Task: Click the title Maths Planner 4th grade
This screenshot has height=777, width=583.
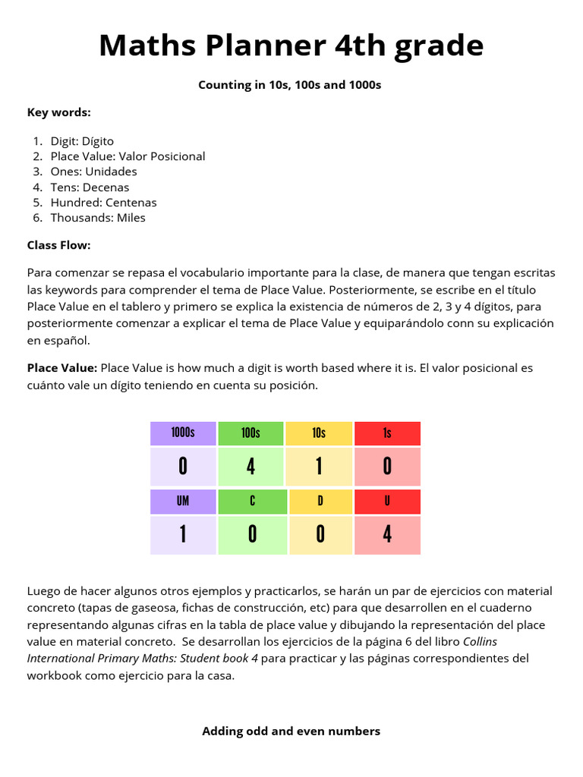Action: [x=291, y=46]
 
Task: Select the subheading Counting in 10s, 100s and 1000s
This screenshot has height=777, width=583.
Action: [x=289, y=85]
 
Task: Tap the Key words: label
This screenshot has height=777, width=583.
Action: [x=58, y=112]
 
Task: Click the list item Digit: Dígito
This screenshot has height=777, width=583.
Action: [x=82, y=141]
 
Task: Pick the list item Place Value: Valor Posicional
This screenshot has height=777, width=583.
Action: [x=128, y=156]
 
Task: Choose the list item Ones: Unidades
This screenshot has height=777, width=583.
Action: [x=93, y=171]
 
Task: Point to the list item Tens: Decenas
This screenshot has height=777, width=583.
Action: [x=90, y=187]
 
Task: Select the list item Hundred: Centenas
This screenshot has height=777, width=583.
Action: [x=103, y=203]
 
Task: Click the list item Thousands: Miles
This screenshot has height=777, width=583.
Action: [x=98, y=218]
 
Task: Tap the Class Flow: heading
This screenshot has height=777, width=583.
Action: [x=58, y=245]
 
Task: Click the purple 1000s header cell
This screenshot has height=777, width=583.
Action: [x=183, y=433]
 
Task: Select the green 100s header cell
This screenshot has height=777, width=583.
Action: [x=251, y=433]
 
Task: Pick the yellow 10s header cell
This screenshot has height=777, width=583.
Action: [x=319, y=433]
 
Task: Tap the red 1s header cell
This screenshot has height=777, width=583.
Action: [x=387, y=433]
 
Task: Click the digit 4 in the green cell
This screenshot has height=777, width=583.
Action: [x=251, y=467]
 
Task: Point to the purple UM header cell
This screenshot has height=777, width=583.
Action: [x=183, y=502]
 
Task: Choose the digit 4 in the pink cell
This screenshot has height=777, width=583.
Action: [x=387, y=535]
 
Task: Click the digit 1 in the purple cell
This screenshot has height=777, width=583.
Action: [x=183, y=535]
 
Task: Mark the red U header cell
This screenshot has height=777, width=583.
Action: [x=387, y=502]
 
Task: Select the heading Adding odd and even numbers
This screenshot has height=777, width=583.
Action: [x=291, y=731]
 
